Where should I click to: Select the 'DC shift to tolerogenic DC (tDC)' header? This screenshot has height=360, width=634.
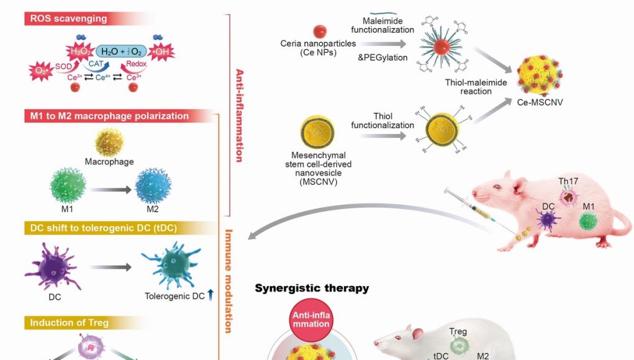(x=103, y=228)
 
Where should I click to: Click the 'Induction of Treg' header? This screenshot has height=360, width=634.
(x=69, y=322)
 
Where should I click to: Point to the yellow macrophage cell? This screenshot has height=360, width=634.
(x=109, y=142)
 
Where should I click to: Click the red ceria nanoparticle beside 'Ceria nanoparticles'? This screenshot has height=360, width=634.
(x=320, y=30)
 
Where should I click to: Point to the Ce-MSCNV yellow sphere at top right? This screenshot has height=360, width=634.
(x=539, y=74)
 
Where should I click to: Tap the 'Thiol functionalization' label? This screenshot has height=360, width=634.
(x=383, y=120)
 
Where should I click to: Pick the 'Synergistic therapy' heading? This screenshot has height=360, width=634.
(x=312, y=288)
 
